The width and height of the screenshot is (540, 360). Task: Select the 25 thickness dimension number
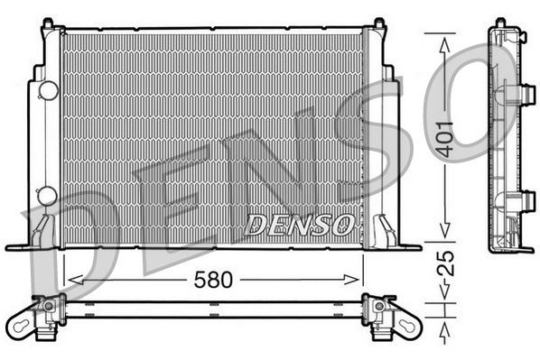(445, 263)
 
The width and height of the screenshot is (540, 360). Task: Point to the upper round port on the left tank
(47, 90)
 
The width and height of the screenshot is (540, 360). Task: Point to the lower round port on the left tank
(47, 195)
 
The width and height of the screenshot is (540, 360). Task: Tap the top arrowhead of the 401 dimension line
(444, 38)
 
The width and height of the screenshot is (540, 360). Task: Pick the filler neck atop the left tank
(51, 31)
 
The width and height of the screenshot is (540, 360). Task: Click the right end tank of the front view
(380, 135)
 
